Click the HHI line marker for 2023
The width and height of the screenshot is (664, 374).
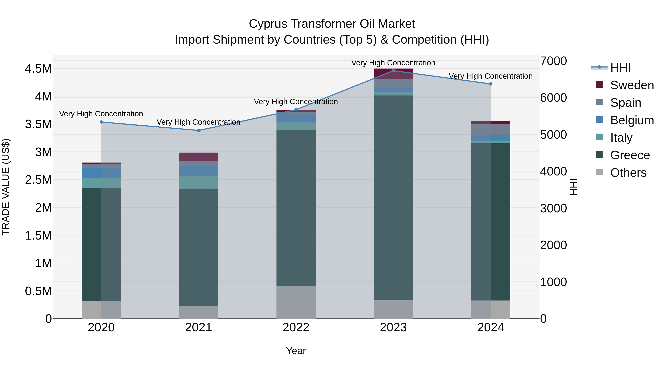pos(393,71)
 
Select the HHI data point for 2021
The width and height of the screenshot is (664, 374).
pos(198,130)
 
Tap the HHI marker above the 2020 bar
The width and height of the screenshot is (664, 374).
pos(101,122)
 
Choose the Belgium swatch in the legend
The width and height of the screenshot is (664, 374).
pos(599,120)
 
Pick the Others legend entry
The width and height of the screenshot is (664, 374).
pos(628,173)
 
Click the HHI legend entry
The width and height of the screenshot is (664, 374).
pos(620,68)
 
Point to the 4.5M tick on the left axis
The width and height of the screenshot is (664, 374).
pos(38,69)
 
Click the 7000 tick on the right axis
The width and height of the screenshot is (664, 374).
pos(553,61)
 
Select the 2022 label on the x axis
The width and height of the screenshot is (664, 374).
pos(296,327)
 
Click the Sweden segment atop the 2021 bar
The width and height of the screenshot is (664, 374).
pos(198,157)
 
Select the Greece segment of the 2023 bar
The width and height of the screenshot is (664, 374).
pos(393,197)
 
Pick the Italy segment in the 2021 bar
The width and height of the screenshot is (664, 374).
pos(198,182)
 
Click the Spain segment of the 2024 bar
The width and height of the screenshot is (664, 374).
pos(490,130)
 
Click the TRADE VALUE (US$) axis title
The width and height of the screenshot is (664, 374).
pos(6,187)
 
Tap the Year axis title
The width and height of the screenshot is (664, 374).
pos(296,351)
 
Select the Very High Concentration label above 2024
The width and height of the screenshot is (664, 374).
pos(490,76)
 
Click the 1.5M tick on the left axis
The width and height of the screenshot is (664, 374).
pos(38,236)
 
